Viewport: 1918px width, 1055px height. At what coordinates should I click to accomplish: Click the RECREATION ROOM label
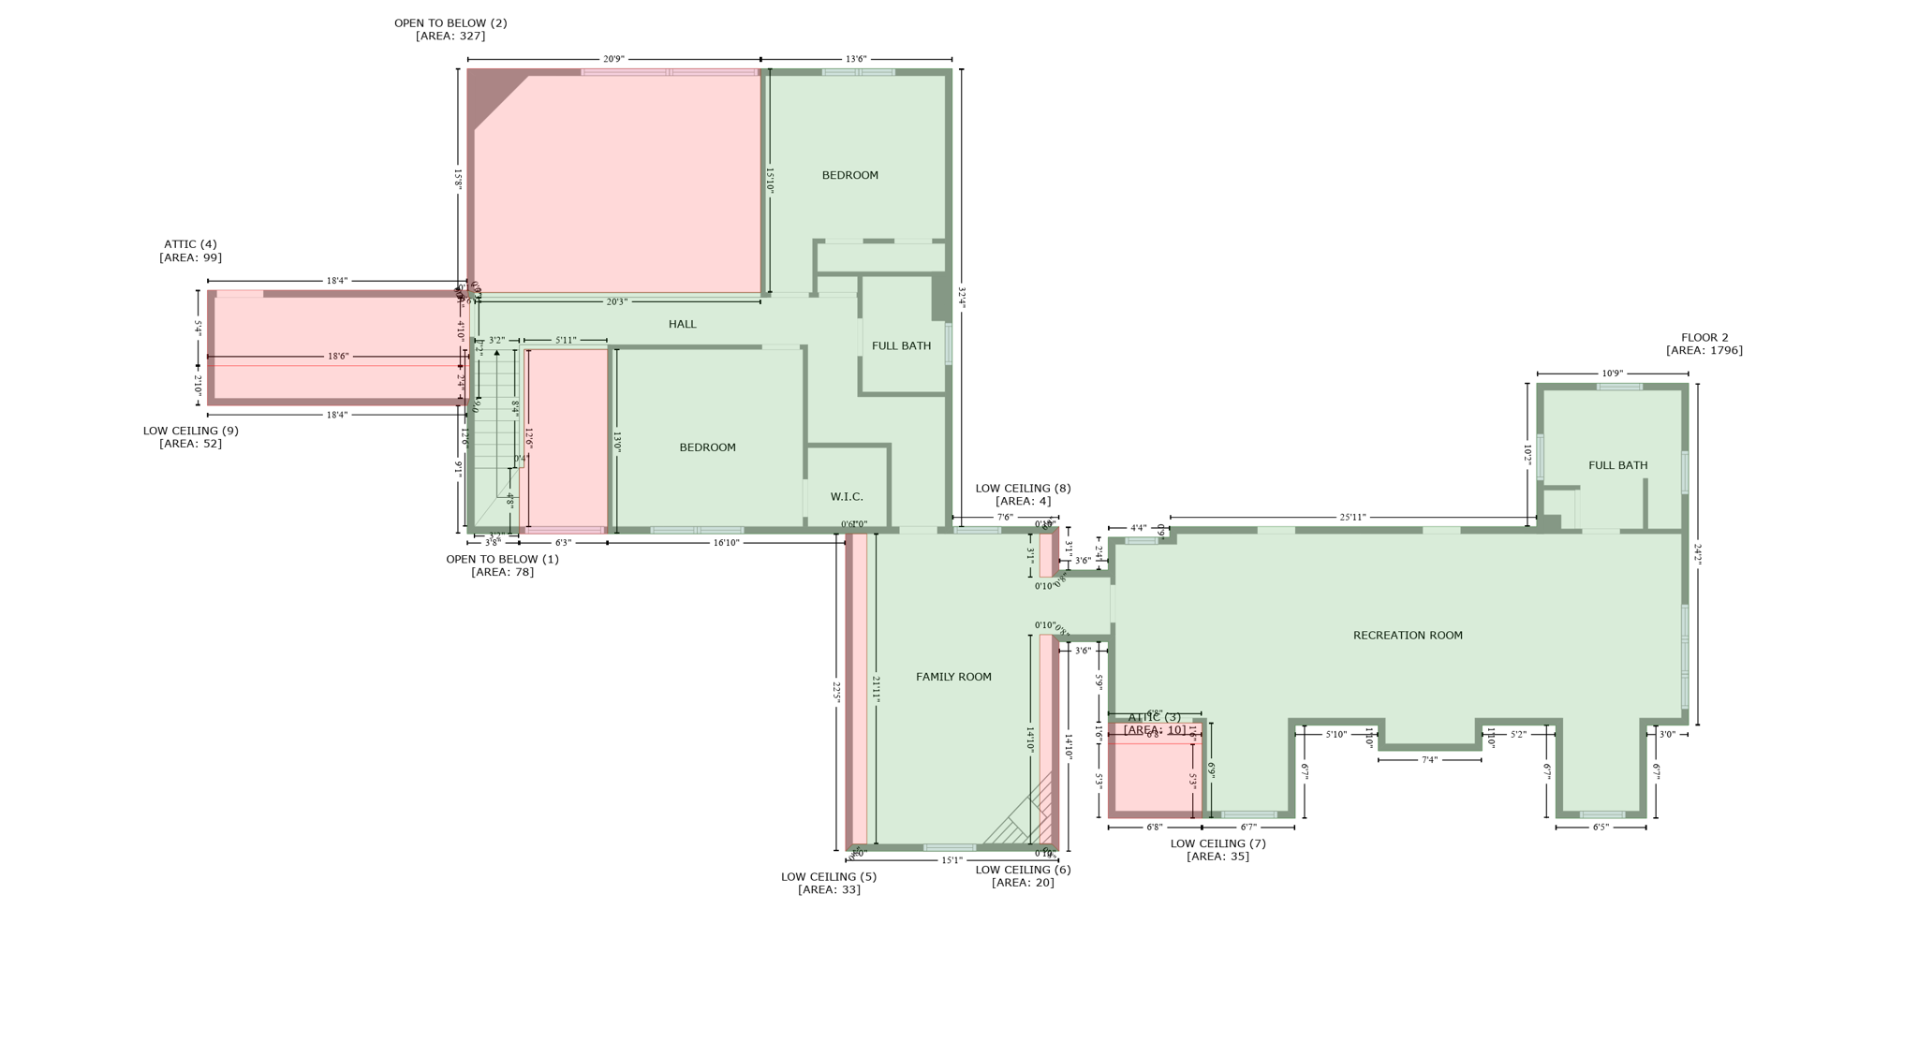coord(1407,636)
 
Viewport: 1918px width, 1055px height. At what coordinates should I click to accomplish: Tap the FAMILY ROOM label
coord(953,677)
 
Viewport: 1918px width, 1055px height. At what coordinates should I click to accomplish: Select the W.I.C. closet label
coord(847,497)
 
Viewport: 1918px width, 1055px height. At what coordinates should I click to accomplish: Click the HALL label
coord(682,324)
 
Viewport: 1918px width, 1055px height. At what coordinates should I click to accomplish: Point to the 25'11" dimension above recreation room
coord(1352,517)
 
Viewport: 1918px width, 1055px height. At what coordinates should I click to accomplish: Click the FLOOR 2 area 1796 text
coord(1704,351)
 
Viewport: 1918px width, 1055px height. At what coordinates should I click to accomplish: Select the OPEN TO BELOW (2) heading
coord(450,23)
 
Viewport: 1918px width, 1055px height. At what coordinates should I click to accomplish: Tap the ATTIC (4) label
coord(190,244)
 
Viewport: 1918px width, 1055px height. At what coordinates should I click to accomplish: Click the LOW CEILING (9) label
coord(190,432)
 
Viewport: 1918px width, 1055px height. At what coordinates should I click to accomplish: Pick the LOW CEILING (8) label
coord(1023,489)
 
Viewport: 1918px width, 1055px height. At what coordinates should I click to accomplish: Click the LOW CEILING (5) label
coord(829,877)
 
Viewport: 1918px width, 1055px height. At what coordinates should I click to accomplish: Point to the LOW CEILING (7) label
coord(1217,843)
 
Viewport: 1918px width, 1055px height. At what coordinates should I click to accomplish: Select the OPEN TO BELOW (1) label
coord(502,560)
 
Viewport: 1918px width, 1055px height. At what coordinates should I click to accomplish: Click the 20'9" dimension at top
coord(613,59)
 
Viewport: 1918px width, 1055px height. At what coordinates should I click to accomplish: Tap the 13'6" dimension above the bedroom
coord(856,59)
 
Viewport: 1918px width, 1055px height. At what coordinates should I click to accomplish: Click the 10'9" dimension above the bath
coord(1612,374)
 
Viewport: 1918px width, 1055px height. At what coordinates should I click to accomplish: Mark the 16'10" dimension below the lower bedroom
coord(726,543)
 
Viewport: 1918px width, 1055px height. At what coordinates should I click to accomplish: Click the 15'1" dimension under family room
coord(952,860)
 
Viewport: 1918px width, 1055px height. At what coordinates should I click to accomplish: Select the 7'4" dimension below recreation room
coord(1429,760)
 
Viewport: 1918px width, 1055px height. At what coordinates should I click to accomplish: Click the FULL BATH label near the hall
coord(901,346)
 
